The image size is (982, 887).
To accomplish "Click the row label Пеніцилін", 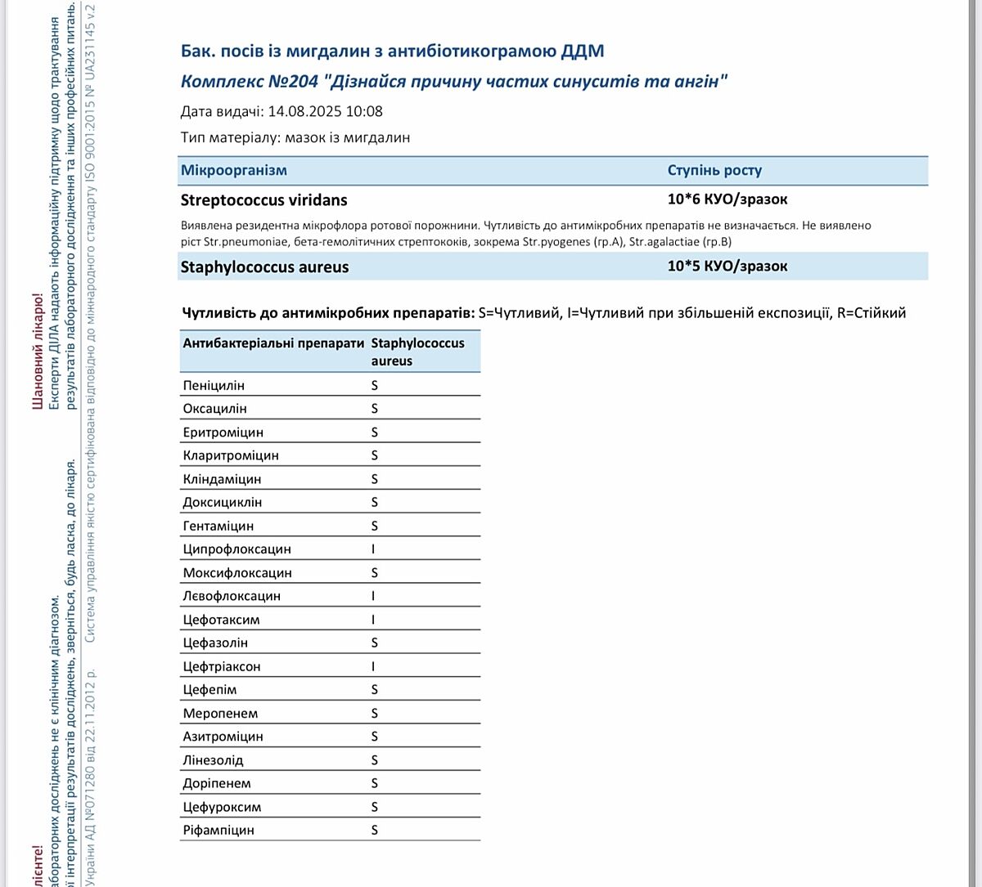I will click(x=214, y=385).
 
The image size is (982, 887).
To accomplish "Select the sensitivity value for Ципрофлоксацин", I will click(x=374, y=549).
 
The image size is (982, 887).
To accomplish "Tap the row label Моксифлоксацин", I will click(x=237, y=573).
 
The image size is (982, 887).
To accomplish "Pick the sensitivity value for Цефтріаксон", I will click(x=374, y=666).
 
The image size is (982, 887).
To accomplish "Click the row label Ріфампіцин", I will click(x=218, y=831).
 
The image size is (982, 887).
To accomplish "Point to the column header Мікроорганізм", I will click(x=234, y=171).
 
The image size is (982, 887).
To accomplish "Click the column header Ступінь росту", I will click(x=714, y=171).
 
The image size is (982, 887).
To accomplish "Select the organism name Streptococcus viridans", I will click(x=264, y=200).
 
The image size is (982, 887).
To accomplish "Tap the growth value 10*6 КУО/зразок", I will click(x=727, y=199).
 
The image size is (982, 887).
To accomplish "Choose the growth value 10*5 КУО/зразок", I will click(x=727, y=267).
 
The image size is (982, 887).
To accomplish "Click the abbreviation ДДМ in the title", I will click(x=583, y=52).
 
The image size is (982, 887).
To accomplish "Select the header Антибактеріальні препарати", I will click(x=273, y=343).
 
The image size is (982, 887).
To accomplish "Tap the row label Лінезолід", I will click(x=213, y=760).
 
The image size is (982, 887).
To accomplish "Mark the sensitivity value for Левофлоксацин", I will click(x=374, y=596).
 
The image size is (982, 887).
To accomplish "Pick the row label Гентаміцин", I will click(x=218, y=526).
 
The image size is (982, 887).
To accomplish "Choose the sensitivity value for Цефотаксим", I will click(x=374, y=620).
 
